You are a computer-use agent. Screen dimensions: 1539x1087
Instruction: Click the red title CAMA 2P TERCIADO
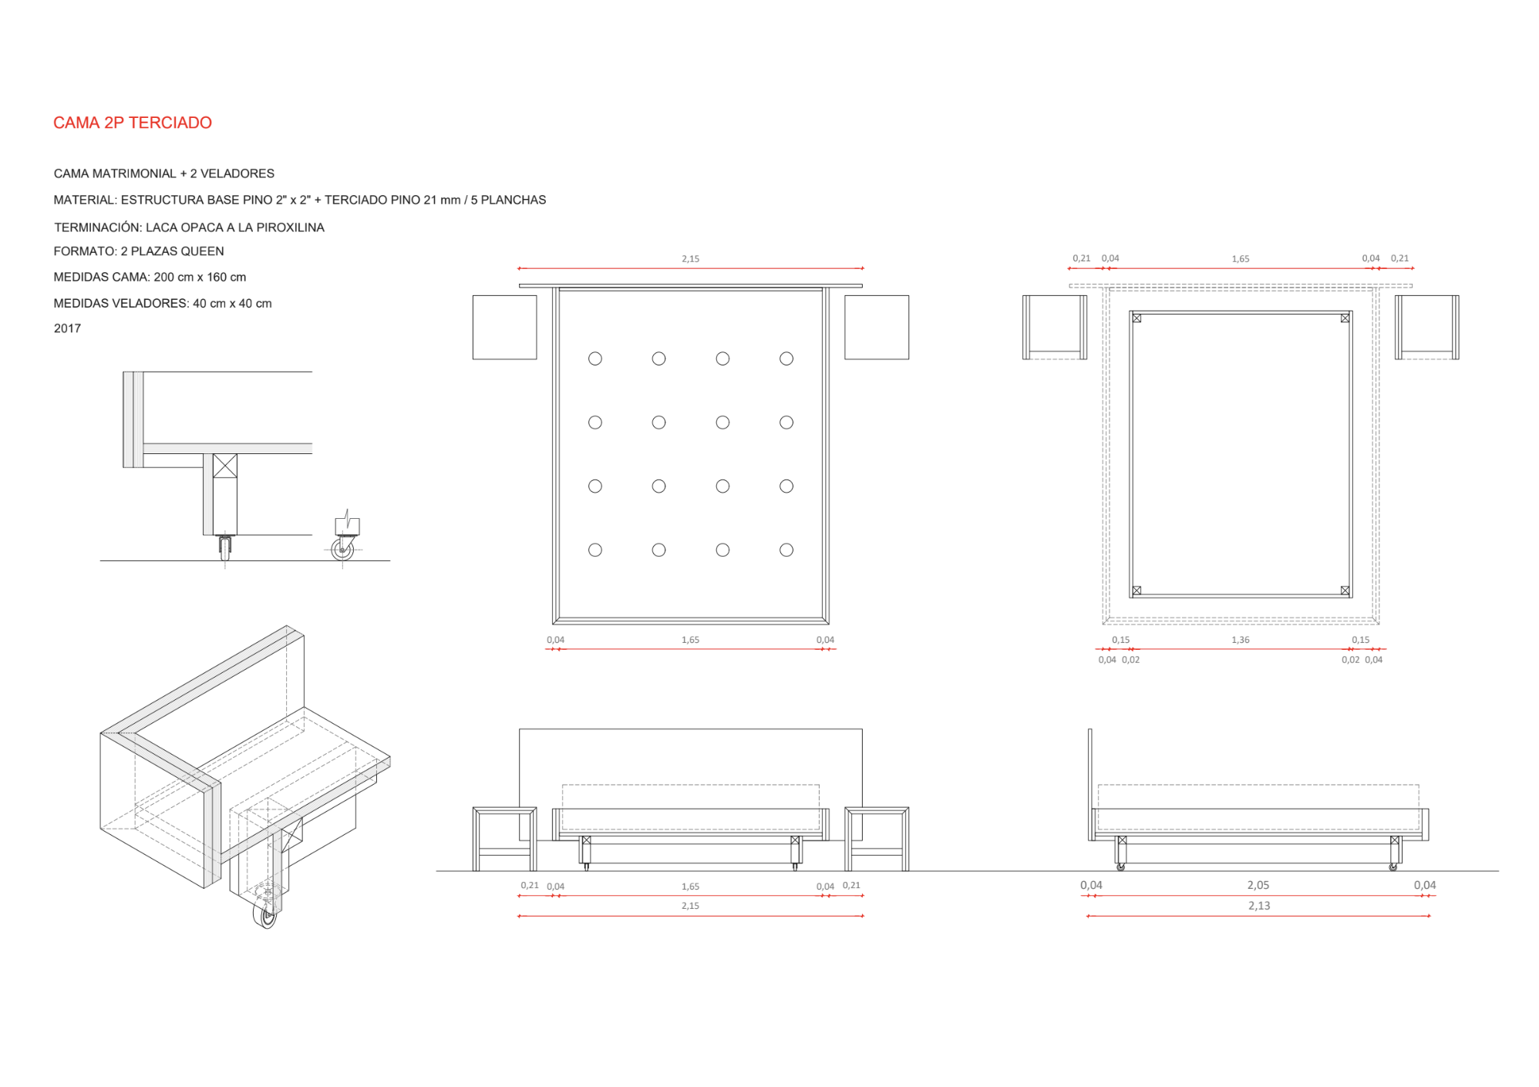pyautogui.click(x=133, y=123)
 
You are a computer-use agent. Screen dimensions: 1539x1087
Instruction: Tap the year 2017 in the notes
pyautogui.click(x=67, y=328)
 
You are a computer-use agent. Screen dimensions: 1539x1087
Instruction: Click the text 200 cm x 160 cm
pyautogui.click(x=200, y=277)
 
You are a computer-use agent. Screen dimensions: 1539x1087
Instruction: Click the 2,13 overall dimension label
pyautogui.click(x=1259, y=906)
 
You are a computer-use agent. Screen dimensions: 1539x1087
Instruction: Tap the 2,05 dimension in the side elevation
pyautogui.click(x=1258, y=885)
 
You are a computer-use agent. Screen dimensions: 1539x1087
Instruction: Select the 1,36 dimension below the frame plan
pyautogui.click(x=1241, y=640)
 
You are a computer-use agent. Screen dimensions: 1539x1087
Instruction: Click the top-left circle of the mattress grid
pyautogui.click(x=595, y=358)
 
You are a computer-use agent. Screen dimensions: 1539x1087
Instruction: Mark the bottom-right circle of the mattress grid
pyautogui.click(x=786, y=550)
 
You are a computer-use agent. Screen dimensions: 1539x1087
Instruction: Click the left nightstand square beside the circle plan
pyautogui.click(x=505, y=327)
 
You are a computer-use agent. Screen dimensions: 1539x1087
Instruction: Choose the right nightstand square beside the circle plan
pyautogui.click(x=877, y=327)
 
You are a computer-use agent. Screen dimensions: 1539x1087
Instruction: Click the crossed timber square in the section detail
pyautogui.click(x=225, y=466)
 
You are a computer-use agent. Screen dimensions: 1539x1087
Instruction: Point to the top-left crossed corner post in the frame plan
pyautogui.click(x=1137, y=318)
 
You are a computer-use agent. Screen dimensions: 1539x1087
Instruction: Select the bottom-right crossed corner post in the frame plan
pyautogui.click(x=1345, y=591)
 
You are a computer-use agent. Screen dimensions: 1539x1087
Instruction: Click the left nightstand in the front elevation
pyautogui.click(x=504, y=839)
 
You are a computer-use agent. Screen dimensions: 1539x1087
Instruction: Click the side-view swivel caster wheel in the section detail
pyautogui.click(x=342, y=549)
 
